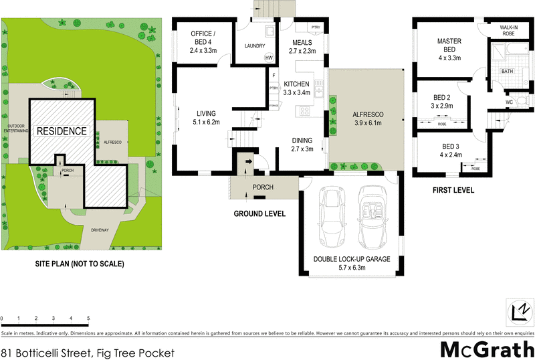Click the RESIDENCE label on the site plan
click(62, 131)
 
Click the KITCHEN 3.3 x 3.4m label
click(297, 88)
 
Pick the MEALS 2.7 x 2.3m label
click(304, 46)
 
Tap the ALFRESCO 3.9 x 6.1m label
click(366, 118)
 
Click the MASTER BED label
click(449, 46)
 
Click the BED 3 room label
click(449, 151)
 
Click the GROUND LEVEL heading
click(259, 214)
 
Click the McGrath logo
click(486, 349)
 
